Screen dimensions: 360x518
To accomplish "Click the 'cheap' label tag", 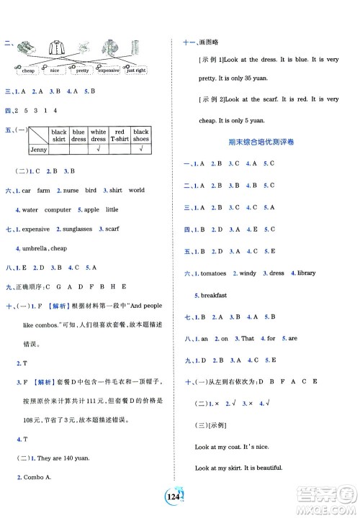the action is coord(29,71).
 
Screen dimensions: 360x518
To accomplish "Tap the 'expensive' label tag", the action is coord(108,71).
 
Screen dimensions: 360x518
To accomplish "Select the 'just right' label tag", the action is coord(137,71).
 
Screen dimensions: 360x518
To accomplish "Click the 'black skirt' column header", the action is coord(59,136).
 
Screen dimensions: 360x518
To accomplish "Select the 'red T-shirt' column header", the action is coord(120,136).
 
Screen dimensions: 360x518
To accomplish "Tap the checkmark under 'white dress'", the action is coord(99,150).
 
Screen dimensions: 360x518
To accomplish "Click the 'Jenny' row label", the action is coord(37,150).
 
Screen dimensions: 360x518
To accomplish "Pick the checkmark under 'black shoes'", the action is coord(140,150).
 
